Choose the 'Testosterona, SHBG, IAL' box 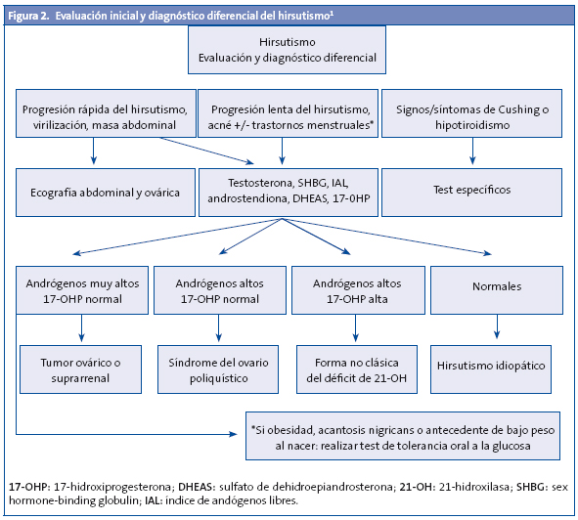point(284,191)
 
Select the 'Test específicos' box point(472,191)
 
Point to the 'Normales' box point(497,288)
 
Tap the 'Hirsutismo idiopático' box point(497,364)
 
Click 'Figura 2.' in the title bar point(31,13)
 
